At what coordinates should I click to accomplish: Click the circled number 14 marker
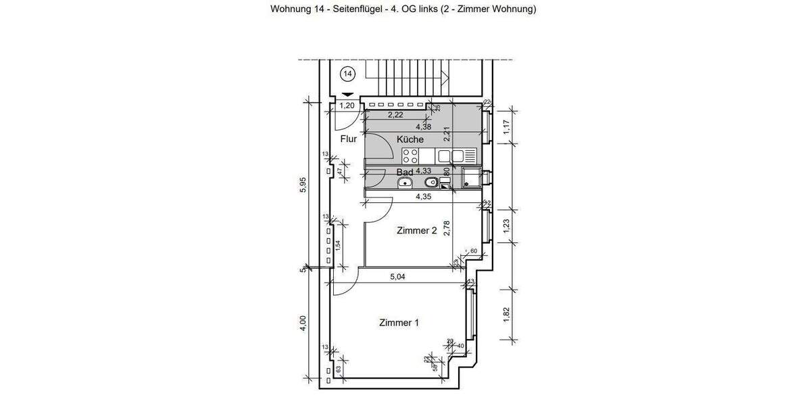pyautogui.click(x=347, y=72)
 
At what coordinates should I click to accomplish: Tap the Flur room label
pyautogui.click(x=349, y=139)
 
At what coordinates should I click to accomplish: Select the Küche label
pyautogui.click(x=410, y=139)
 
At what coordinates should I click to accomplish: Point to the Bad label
pyautogui.click(x=405, y=172)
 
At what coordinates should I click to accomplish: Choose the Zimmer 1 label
pyautogui.click(x=399, y=323)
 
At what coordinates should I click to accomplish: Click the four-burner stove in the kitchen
pyautogui.click(x=410, y=156)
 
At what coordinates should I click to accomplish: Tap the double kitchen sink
pyautogui.click(x=451, y=156)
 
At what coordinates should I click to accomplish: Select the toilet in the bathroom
pyautogui.click(x=430, y=183)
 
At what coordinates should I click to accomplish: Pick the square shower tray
pyautogui.click(x=471, y=179)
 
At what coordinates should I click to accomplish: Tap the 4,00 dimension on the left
pyautogui.click(x=303, y=323)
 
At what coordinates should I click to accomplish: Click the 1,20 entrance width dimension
pyautogui.click(x=347, y=106)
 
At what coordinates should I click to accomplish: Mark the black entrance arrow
pyautogui.click(x=347, y=95)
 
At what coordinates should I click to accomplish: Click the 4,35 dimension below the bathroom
pyautogui.click(x=424, y=197)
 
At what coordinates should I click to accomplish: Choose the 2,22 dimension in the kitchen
pyautogui.click(x=396, y=115)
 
